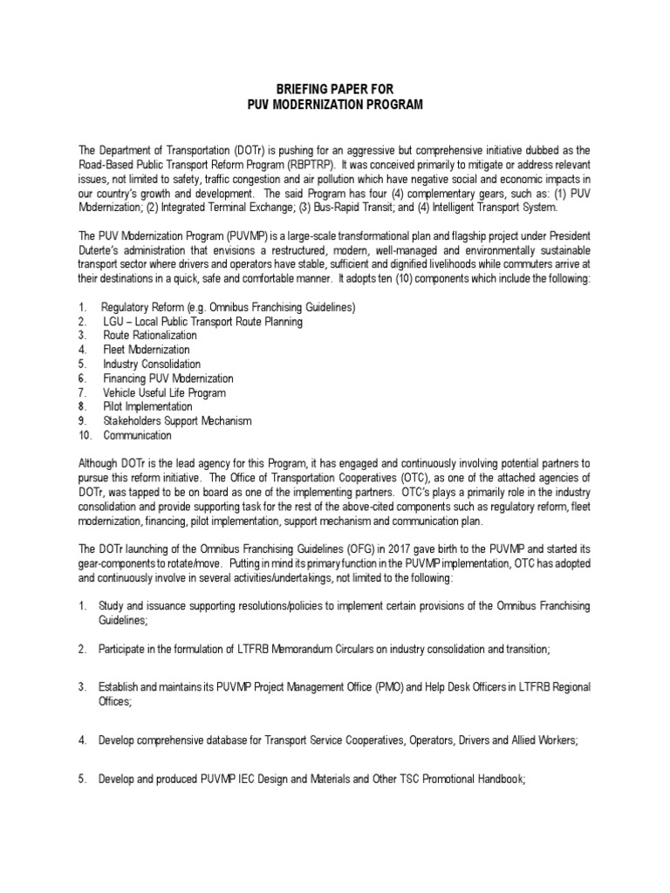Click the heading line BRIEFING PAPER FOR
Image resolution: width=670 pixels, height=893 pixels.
pos(335,90)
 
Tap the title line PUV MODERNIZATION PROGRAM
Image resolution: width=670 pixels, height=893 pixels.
pos(335,105)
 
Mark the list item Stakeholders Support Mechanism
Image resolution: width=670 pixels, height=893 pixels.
pos(176,421)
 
